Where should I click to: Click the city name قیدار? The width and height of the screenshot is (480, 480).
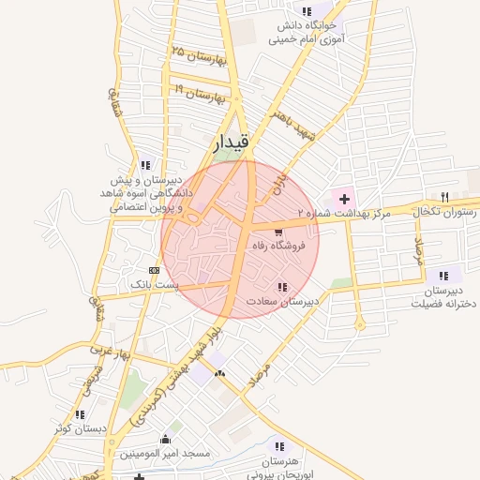pyautogui.click(x=230, y=142)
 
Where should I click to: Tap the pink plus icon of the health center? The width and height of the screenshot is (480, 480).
pyautogui.click(x=345, y=199)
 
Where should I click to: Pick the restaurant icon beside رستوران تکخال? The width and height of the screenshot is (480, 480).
pyautogui.click(x=445, y=197)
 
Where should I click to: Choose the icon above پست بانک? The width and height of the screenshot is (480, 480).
pyautogui.click(x=154, y=270)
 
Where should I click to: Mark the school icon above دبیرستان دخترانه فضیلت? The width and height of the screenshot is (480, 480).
pyautogui.click(x=443, y=276)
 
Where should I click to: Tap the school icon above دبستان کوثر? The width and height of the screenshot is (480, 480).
pyautogui.click(x=80, y=414)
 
